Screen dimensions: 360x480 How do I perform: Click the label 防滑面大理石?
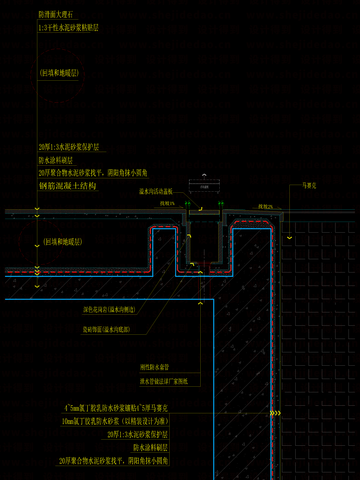coord(55,15)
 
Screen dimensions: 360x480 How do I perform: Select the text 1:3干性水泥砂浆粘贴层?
coord(68,28)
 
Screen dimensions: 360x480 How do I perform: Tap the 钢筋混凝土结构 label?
coord(67,186)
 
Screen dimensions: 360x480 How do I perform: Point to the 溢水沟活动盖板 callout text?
coord(156,191)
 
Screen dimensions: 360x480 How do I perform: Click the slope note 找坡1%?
coord(167,203)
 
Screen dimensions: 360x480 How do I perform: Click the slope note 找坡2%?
coord(265,207)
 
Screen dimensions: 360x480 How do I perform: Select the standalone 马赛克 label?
coord(309,186)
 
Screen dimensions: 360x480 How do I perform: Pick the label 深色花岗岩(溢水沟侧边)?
coord(109,310)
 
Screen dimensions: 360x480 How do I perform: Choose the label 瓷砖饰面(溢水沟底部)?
coord(106,330)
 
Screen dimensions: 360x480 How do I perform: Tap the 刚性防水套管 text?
coord(154,367)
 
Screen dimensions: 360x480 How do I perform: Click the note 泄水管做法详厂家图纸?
coord(164,381)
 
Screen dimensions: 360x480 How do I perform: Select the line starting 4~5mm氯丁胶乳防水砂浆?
coord(116,408)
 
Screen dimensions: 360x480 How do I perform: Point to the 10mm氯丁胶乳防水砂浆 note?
coord(115,421)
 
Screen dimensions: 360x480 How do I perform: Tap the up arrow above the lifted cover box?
coord(204,175)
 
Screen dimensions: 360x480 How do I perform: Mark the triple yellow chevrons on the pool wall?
coord(275,413)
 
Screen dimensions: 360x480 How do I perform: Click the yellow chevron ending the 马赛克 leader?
coord(289,238)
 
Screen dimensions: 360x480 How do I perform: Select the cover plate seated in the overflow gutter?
coord(204,212)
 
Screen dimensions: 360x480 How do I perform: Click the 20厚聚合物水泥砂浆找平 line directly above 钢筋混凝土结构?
coord(93,173)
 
